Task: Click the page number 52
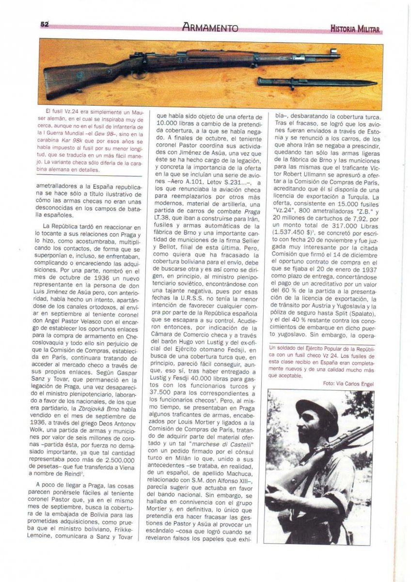click(45, 24)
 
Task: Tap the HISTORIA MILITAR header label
click(354, 30)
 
